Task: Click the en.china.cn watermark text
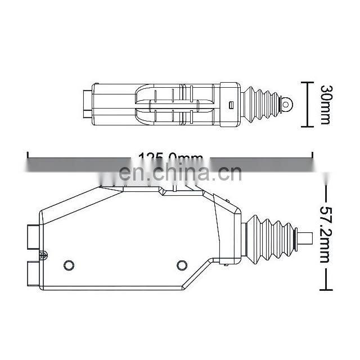[182, 173]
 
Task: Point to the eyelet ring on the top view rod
[287, 104]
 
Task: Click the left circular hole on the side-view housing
[69, 264]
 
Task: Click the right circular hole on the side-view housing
[181, 264]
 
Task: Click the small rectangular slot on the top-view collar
[231, 104]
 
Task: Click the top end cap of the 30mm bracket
[307, 82]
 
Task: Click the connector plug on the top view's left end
[86, 104]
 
